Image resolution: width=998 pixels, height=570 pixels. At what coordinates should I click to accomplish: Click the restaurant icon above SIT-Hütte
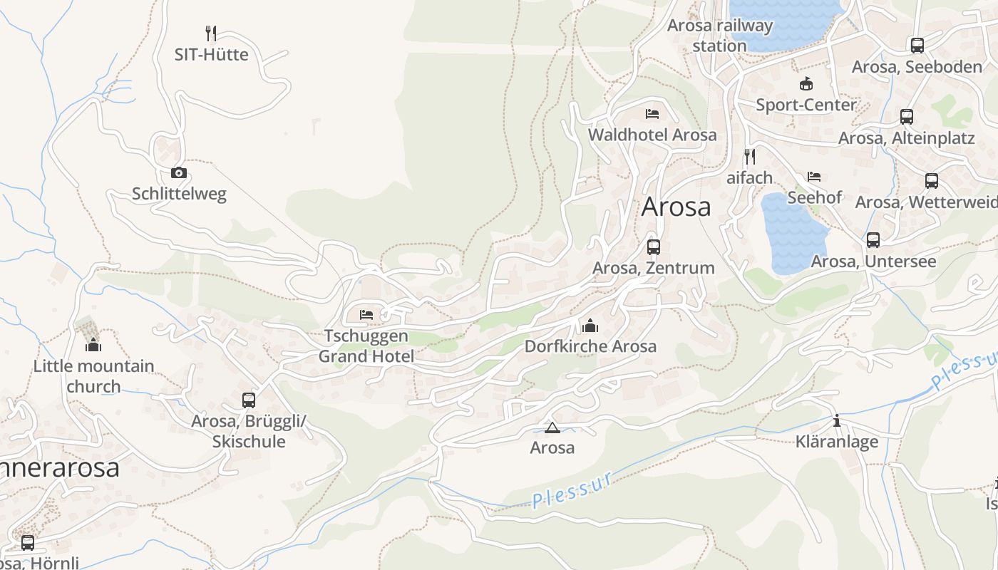[x=210, y=33]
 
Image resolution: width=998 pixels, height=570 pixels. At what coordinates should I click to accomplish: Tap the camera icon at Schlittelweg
[x=178, y=172]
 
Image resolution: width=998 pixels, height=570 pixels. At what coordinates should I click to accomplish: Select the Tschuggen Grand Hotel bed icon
[x=366, y=314]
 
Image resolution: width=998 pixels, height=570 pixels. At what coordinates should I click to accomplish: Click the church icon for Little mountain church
[x=93, y=346]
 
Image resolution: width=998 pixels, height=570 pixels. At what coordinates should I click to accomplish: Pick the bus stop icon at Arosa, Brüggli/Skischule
[x=248, y=400]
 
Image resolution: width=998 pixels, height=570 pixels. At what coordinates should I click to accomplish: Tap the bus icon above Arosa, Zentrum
[x=653, y=247]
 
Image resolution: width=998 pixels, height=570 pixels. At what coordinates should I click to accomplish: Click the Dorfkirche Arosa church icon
[x=590, y=326]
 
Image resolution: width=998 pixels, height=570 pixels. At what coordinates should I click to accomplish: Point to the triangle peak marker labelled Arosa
[x=552, y=427]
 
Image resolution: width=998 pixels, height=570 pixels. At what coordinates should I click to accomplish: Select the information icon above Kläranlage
[x=837, y=421]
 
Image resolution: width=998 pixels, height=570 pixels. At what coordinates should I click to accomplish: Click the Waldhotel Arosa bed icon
[x=652, y=113]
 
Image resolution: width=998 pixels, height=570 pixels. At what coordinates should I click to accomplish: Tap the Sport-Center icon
[x=806, y=84]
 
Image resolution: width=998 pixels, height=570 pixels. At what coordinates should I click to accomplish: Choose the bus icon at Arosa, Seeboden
[x=917, y=46]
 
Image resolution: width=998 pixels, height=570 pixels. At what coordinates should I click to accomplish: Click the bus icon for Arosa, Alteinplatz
[x=906, y=117]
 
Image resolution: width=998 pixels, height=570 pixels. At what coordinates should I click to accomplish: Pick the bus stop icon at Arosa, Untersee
[x=873, y=240]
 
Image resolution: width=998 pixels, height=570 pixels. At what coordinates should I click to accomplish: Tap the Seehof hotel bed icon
[x=814, y=176]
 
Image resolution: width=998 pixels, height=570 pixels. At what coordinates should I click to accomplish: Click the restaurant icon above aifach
[x=749, y=156]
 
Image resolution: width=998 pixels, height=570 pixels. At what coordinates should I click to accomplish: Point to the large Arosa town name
[x=676, y=207]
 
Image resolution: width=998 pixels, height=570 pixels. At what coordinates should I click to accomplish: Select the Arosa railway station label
[x=720, y=36]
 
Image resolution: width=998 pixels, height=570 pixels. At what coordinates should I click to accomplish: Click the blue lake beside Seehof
[x=791, y=235]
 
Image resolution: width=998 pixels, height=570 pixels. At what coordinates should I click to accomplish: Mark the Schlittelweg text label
[x=179, y=194]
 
